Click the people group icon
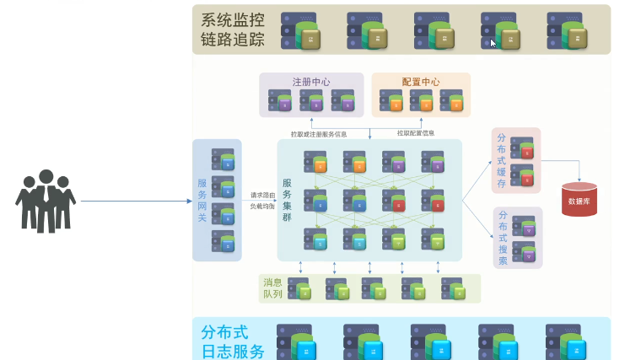46,201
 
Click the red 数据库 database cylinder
579,200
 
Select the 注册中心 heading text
311,82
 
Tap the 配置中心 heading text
420,82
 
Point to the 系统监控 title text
232,19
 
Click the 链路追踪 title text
232,40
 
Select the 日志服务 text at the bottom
233,350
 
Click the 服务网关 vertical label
202,201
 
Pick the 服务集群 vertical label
288,200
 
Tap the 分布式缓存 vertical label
502,160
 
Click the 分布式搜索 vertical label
503,238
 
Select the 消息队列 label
272,287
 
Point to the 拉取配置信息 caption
416,133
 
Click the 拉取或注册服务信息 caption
319,133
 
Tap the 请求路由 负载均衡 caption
262,199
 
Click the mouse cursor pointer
494,43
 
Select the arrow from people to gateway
135,201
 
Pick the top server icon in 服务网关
224,159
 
